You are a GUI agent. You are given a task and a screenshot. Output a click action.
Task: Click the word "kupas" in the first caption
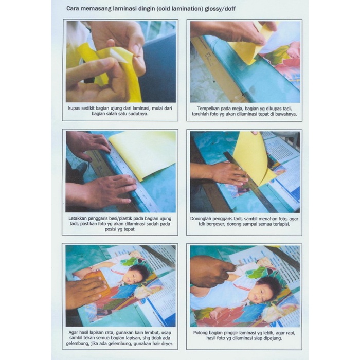click(x=76, y=108)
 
